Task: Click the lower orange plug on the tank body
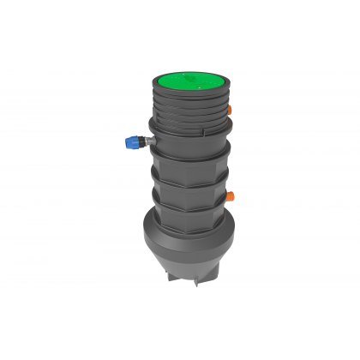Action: pyautogui.click(x=231, y=195)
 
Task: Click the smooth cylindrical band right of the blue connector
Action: pyautogui.click(x=190, y=146)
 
